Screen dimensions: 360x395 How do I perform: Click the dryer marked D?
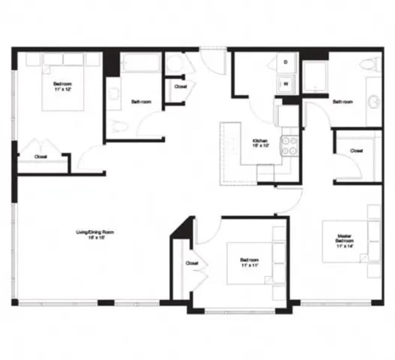(x=286, y=62)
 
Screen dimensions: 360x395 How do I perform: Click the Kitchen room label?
(x=259, y=144)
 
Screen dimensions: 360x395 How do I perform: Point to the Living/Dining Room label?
(x=95, y=235)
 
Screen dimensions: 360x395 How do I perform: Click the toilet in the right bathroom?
(x=372, y=63)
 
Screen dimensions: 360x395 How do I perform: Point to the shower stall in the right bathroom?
(x=314, y=77)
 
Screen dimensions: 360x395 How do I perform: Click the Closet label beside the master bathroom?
(x=356, y=150)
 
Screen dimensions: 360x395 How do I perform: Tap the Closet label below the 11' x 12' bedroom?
(x=41, y=157)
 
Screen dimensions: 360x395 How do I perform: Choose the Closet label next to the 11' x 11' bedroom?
(x=191, y=263)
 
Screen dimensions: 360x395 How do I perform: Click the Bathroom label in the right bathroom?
(x=343, y=102)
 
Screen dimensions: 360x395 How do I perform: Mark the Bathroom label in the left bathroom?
(x=141, y=102)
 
